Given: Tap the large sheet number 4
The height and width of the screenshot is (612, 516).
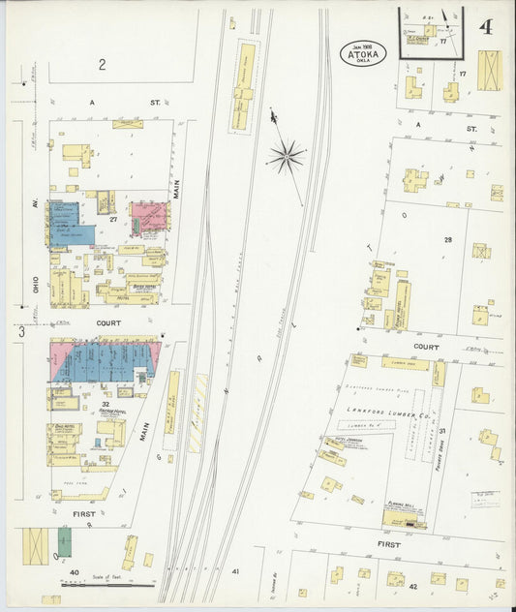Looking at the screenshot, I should [484, 26].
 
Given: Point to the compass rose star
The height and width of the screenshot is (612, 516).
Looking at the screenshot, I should [288, 154].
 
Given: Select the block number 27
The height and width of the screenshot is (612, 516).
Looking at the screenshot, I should [113, 220].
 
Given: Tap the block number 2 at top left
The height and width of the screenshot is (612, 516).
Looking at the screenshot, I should [101, 65].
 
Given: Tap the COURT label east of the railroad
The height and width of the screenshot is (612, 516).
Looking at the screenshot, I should [426, 346].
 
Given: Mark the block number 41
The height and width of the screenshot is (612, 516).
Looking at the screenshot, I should [235, 572].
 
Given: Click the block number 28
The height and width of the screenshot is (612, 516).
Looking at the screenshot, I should [448, 238].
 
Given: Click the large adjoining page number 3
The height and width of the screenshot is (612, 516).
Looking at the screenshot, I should [18, 331].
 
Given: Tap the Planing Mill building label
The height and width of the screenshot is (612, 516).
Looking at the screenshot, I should [401, 515].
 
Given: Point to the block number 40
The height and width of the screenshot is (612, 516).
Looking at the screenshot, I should [75, 573].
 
